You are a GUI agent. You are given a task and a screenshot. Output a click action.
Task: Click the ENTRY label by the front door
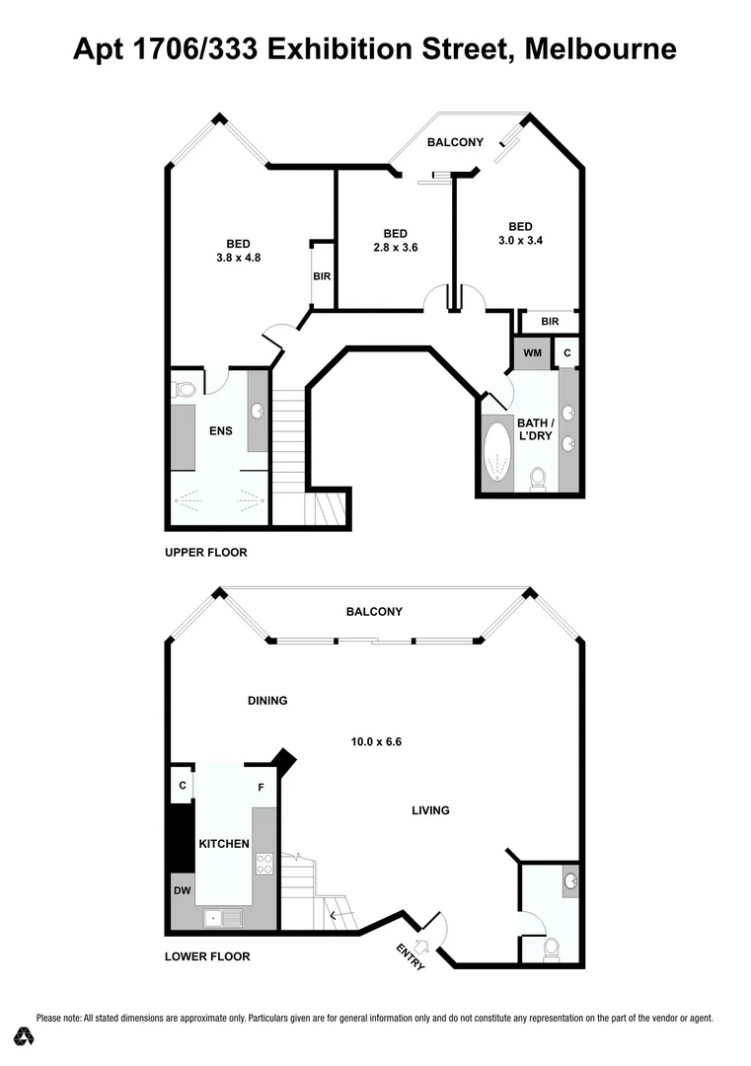pyautogui.click(x=411, y=956)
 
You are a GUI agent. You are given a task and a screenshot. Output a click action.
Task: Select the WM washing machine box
pyautogui.click(x=532, y=352)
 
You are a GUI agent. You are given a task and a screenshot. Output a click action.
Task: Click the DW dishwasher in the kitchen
pyautogui.click(x=183, y=891)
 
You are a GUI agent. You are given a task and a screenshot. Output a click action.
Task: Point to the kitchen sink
pyautogui.click(x=222, y=918)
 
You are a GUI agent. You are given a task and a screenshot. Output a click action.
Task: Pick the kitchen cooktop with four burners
pyautogui.click(x=264, y=865)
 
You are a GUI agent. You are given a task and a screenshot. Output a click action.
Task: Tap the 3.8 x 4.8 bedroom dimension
pyautogui.click(x=238, y=258)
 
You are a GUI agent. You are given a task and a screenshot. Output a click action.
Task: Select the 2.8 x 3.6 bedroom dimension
pyautogui.click(x=396, y=248)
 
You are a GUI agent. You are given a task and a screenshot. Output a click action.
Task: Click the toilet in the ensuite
pyautogui.click(x=184, y=389)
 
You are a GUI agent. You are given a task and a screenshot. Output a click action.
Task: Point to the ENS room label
pyautogui.click(x=219, y=430)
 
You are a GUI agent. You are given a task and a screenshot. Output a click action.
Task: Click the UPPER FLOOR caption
pyautogui.click(x=205, y=553)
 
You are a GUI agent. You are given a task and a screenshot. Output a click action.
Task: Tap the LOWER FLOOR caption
pyautogui.click(x=207, y=956)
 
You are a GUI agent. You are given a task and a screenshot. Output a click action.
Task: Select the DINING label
pyautogui.click(x=267, y=701)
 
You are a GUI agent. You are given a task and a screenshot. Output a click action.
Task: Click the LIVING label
pyautogui.click(x=430, y=810)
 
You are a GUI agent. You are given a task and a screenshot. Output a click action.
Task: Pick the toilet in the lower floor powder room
pyautogui.click(x=551, y=949)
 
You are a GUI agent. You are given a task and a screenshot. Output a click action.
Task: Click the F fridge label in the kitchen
pyautogui.click(x=261, y=788)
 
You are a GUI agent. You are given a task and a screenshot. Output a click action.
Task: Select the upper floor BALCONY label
pyautogui.click(x=455, y=142)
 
